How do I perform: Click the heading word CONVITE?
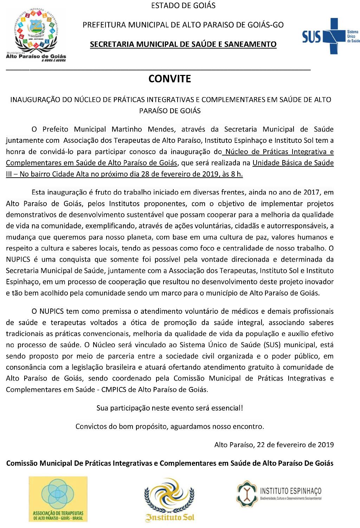(x=169, y=79)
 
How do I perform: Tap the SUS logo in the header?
(x=331, y=36)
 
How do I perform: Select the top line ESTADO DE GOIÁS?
(x=183, y=6)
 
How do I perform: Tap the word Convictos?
(x=91, y=426)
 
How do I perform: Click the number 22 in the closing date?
(x=261, y=445)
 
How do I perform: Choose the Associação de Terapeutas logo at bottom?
(x=58, y=498)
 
